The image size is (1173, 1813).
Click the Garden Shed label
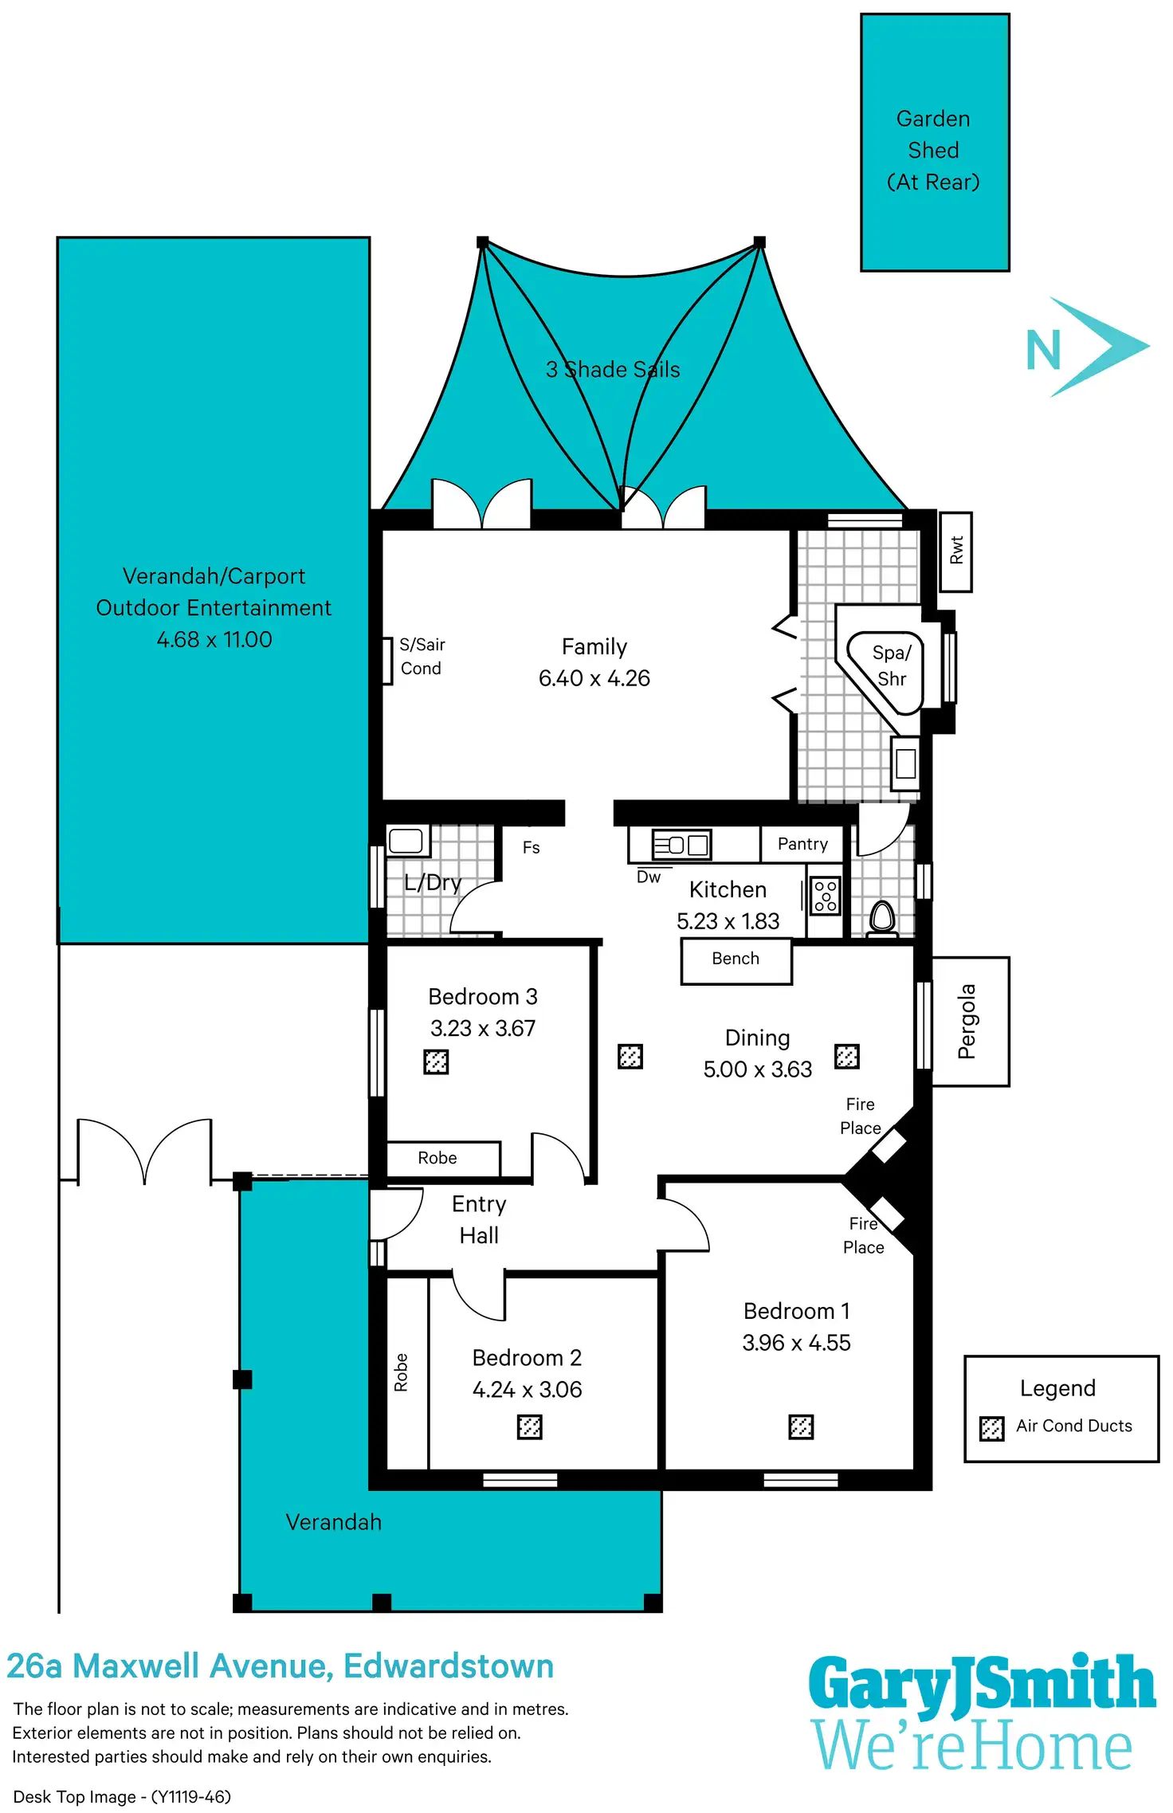click(x=933, y=150)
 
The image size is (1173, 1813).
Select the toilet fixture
click(x=881, y=917)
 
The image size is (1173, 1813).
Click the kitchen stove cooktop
click(x=826, y=896)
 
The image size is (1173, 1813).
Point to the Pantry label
click(x=802, y=844)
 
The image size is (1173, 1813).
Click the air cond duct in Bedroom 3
click(x=436, y=1062)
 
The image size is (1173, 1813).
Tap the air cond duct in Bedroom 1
click(x=801, y=1426)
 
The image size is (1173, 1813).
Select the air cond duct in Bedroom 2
click(x=530, y=1426)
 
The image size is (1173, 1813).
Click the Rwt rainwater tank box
click(x=955, y=551)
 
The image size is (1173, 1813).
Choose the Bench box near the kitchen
click(x=736, y=960)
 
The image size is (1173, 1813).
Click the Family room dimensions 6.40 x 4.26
click(x=594, y=678)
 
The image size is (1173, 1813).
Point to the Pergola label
click(x=967, y=1022)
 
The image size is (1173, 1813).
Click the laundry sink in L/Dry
click(x=406, y=840)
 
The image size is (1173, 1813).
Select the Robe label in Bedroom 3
click(x=437, y=1158)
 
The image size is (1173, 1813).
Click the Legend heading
click(x=1057, y=1388)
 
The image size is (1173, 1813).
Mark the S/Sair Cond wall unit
click(x=387, y=661)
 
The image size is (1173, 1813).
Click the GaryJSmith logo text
click(x=981, y=1685)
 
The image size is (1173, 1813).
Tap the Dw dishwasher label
click(x=649, y=877)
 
